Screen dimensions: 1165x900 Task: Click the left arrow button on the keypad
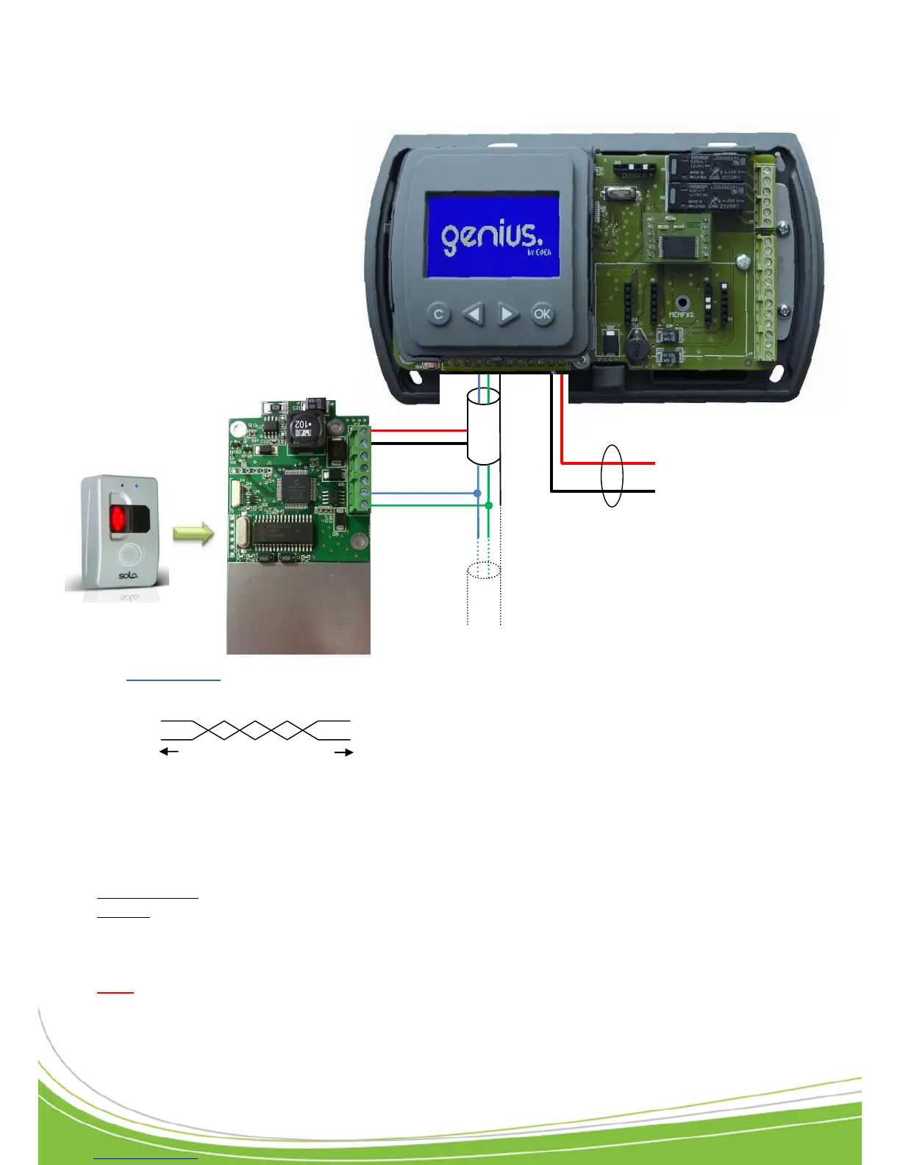(x=474, y=314)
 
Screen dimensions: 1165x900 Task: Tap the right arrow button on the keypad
(x=507, y=314)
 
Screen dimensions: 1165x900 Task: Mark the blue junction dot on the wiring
(x=478, y=493)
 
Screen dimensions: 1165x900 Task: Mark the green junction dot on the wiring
(x=488, y=505)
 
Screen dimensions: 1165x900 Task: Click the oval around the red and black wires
(x=612, y=476)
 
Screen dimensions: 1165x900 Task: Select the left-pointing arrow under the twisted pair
(x=169, y=752)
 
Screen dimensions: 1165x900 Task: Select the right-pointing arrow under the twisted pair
(x=344, y=752)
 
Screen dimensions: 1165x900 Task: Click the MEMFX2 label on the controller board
(x=681, y=315)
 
